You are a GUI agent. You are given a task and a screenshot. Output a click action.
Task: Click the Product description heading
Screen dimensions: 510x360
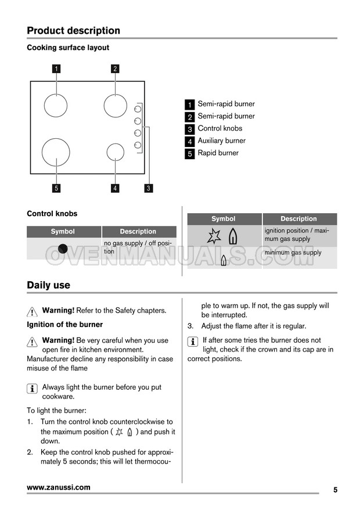[73, 31]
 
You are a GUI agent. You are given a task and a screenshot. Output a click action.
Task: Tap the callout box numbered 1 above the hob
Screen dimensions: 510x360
[56, 69]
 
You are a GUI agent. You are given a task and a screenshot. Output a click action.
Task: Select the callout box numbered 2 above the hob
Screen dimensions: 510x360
[115, 69]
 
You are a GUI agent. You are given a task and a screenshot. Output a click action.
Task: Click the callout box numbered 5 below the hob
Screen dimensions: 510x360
[56, 188]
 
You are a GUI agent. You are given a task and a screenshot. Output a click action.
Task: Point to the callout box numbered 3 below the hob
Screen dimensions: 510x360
[149, 188]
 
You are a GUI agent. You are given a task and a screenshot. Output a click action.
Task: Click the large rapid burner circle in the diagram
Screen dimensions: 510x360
[56, 152]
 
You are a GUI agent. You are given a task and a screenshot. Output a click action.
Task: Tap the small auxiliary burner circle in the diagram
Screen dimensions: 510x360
[116, 152]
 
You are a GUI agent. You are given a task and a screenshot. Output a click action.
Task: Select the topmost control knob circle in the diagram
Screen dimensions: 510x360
[138, 109]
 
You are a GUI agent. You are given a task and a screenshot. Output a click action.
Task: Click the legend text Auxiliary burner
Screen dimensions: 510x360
[221, 141]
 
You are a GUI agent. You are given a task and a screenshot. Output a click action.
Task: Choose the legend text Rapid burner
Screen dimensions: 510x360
[218, 153]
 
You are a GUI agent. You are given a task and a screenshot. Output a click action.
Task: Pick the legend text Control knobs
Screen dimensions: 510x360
[219, 128]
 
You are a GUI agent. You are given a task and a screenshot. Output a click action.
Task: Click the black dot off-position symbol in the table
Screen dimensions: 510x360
[63, 249]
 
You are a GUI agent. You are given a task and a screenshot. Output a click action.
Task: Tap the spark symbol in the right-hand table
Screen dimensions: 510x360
[214, 236]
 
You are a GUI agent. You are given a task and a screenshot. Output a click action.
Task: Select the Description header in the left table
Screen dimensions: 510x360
[138, 232]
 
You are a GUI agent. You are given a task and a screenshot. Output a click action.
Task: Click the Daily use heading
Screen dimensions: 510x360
[48, 285]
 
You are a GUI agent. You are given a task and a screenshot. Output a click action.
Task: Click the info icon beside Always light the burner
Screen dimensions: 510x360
[33, 388]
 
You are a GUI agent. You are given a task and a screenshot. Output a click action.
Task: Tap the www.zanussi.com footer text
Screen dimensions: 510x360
[58, 487]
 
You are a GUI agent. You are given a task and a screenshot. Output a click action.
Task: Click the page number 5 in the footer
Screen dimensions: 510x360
[335, 490]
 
